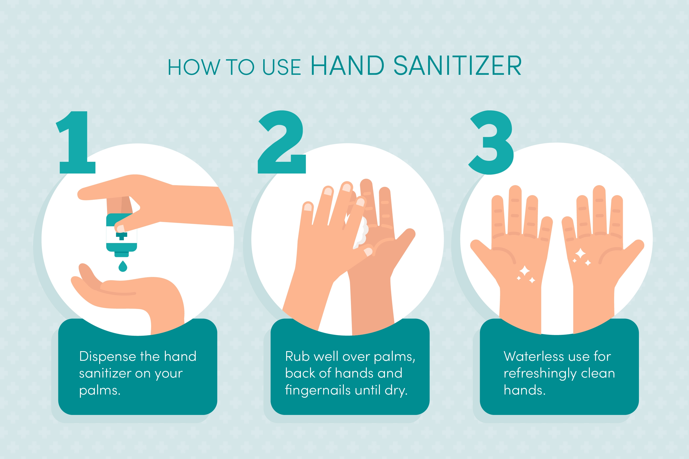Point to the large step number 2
282,142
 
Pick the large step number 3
491,143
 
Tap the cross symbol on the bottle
121,236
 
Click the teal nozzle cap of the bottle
121,254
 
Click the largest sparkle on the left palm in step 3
524,271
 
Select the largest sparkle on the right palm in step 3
580,254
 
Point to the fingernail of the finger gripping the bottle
120,228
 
